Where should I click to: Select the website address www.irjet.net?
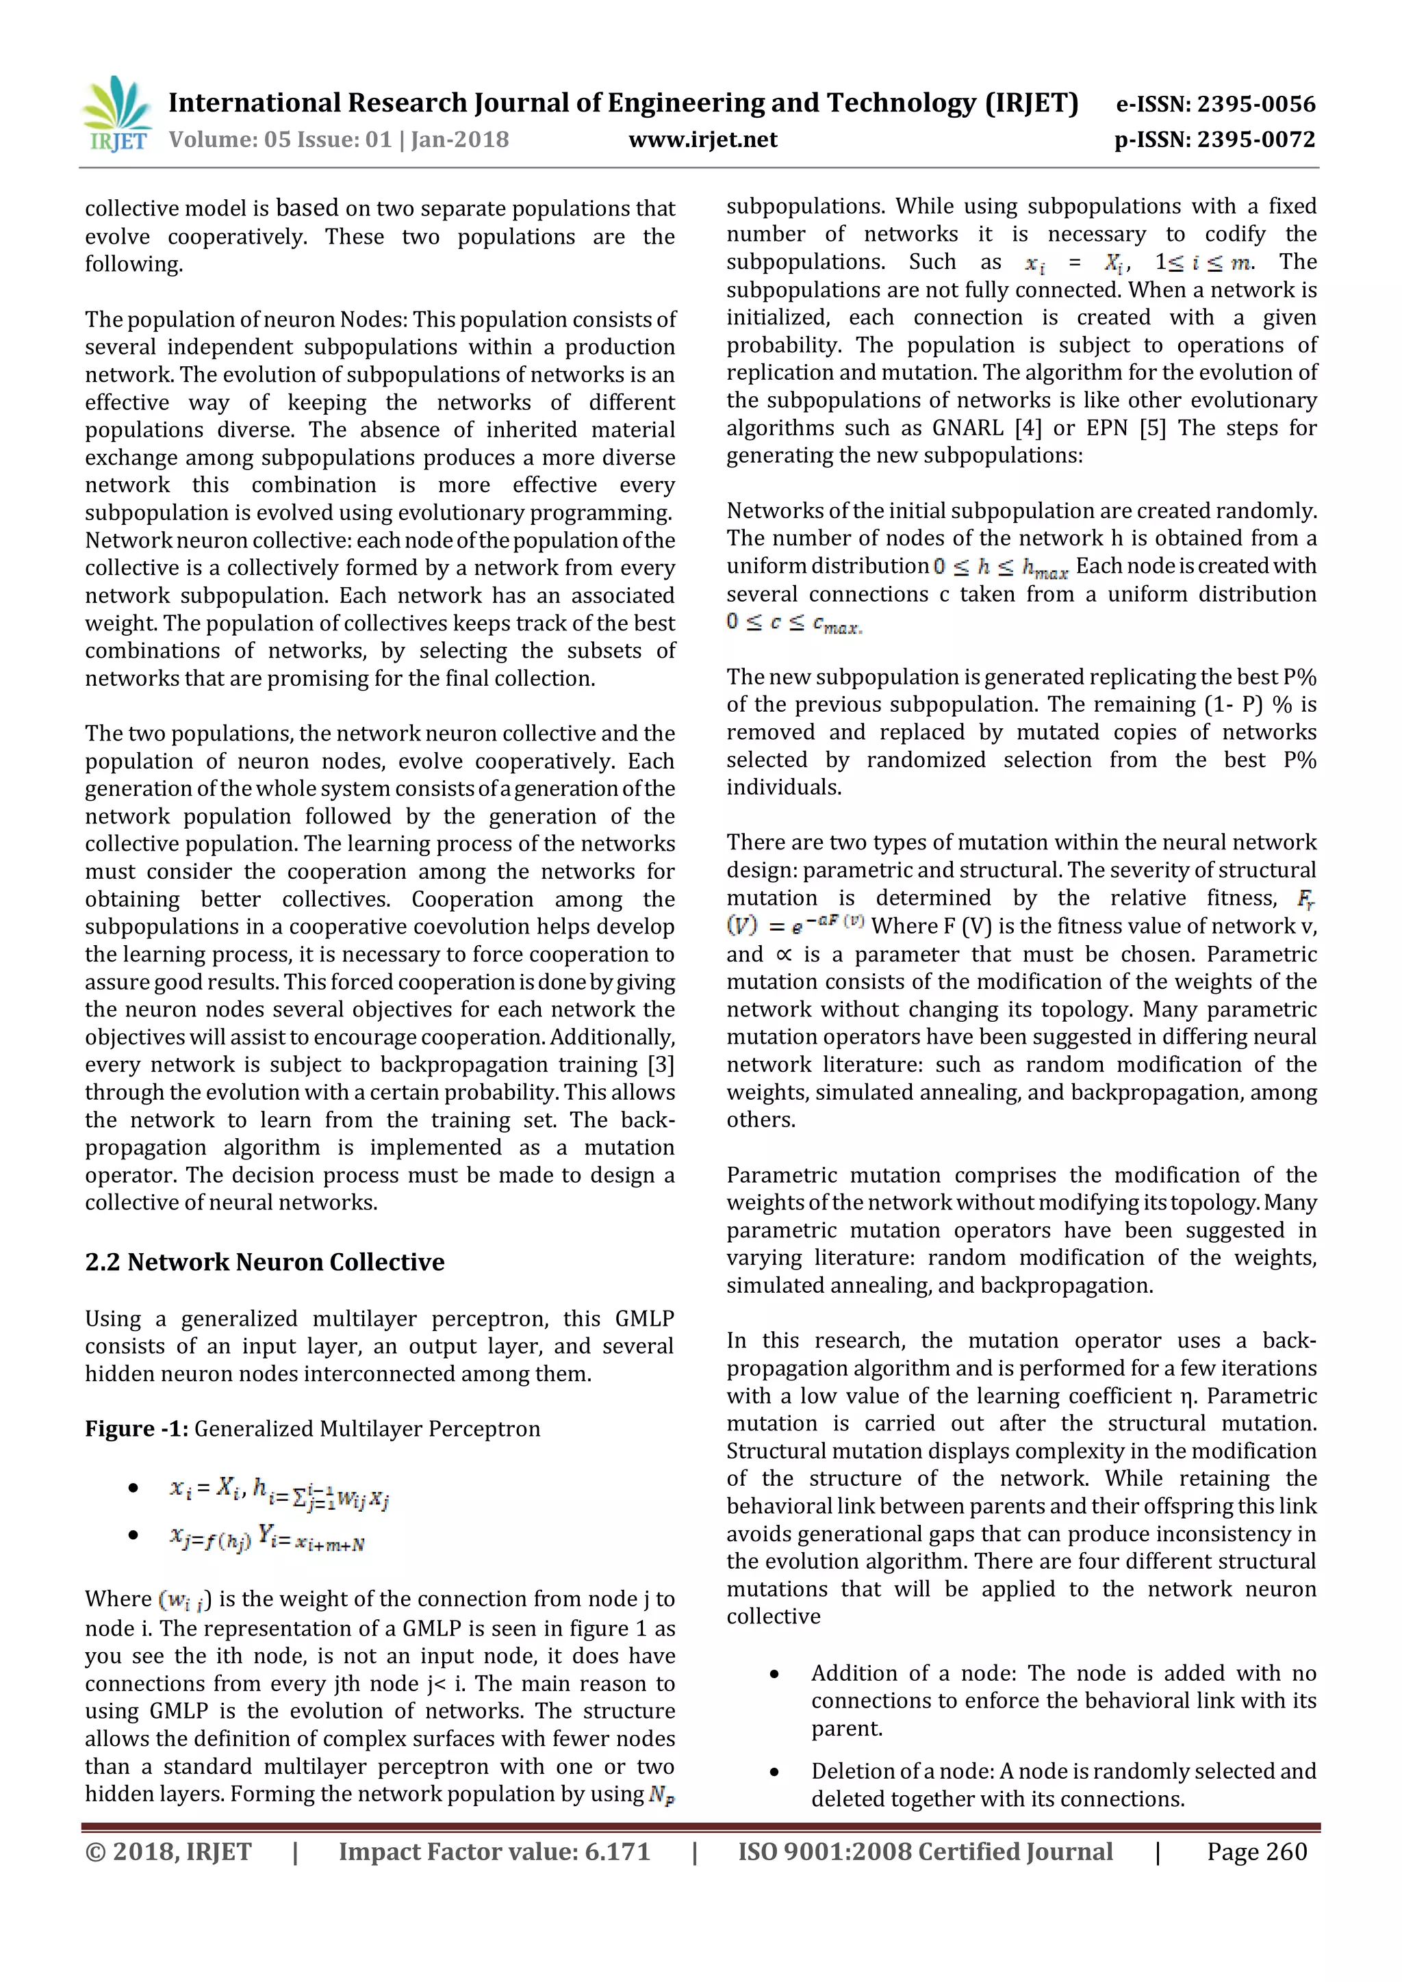click(703, 140)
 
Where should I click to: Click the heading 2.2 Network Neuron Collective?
click(264, 1262)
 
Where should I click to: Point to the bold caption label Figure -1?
click(136, 1428)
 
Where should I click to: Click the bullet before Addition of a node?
click(774, 1674)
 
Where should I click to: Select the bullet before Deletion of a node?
click(774, 1772)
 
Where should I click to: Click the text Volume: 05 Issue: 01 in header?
click(281, 140)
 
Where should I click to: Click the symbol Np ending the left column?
click(661, 1796)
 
